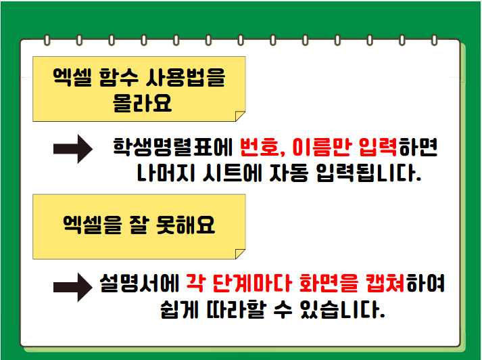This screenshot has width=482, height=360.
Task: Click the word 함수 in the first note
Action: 119,77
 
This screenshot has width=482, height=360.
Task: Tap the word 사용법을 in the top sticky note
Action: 185,77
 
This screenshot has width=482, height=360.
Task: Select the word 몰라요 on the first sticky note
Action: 142,103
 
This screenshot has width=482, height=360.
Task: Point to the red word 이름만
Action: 322,147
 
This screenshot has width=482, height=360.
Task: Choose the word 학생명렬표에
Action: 172,147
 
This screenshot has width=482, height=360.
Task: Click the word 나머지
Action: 166,173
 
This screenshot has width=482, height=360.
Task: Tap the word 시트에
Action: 232,173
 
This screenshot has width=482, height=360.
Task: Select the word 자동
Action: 289,173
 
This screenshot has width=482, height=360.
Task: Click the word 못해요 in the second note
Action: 185,225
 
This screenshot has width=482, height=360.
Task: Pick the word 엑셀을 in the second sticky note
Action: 93,225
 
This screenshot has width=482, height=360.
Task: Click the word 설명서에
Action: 139,283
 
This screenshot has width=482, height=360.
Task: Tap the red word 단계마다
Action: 251,283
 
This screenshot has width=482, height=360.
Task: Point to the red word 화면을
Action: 329,283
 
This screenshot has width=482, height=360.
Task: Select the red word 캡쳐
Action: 385,283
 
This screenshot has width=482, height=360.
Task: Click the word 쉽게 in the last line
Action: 179,309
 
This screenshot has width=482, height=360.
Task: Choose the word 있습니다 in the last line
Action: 343,309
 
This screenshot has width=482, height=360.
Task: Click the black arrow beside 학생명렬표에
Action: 73,149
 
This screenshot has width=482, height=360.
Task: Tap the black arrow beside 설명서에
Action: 73,287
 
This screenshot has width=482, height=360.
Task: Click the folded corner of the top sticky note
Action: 239,116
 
